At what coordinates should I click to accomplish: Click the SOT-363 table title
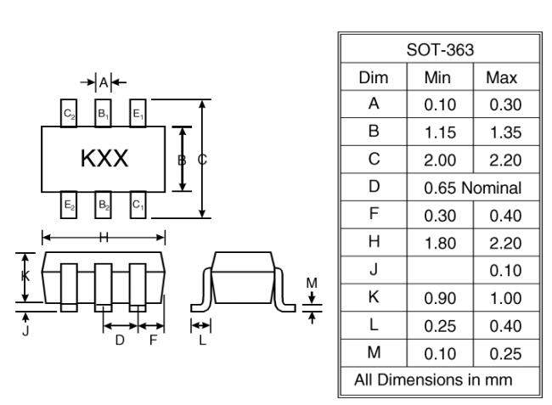coord(440,50)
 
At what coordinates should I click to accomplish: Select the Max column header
coord(502,77)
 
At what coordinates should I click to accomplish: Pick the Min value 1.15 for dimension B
coord(440,132)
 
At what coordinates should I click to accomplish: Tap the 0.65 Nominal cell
coord(473,188)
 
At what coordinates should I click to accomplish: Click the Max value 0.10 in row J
coord(505,271)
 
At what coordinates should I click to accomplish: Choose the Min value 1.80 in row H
coord(440,243)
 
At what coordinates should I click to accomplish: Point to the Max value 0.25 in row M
coord(505,353)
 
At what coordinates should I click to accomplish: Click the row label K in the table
coord(374,297)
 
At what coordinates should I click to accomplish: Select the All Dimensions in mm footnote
coord(433,380)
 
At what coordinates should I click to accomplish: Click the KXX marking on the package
coord(104,158)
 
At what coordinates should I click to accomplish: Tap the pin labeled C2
coord(69,113)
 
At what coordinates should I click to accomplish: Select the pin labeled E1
coord(138,113)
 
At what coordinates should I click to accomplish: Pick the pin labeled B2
coord(104,205)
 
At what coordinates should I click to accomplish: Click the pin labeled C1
coord(138,205)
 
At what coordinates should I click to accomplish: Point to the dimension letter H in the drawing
coord(104,238)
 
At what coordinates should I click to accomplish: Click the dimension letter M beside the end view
coord(312,283)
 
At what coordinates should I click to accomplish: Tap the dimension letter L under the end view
coord(202,340)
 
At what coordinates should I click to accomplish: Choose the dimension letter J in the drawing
coord(25,331)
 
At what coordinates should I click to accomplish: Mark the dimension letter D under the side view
coord(120,340)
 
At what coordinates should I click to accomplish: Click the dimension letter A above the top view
coord(104,82)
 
